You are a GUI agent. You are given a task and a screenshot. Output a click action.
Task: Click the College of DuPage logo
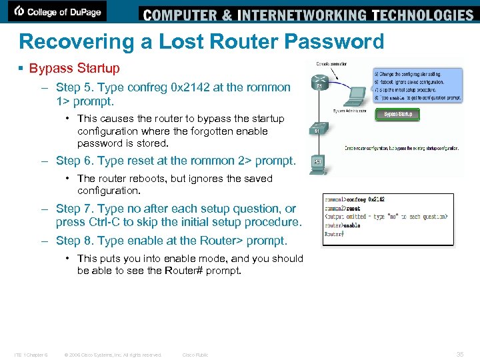pos(59,11)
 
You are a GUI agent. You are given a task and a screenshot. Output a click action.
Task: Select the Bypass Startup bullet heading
pos(74,68)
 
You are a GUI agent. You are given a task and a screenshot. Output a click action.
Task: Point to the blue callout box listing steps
pos(417,85)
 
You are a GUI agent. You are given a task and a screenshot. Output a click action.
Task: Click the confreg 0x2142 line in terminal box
pos(365,199)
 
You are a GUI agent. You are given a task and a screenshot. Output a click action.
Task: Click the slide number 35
pos(459,354)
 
